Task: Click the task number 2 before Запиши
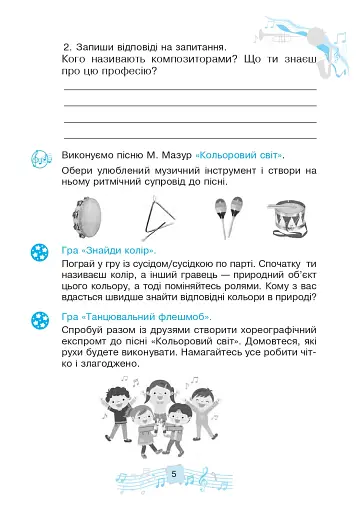65,46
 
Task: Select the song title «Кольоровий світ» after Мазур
240,157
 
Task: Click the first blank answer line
190,89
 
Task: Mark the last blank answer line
190,137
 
